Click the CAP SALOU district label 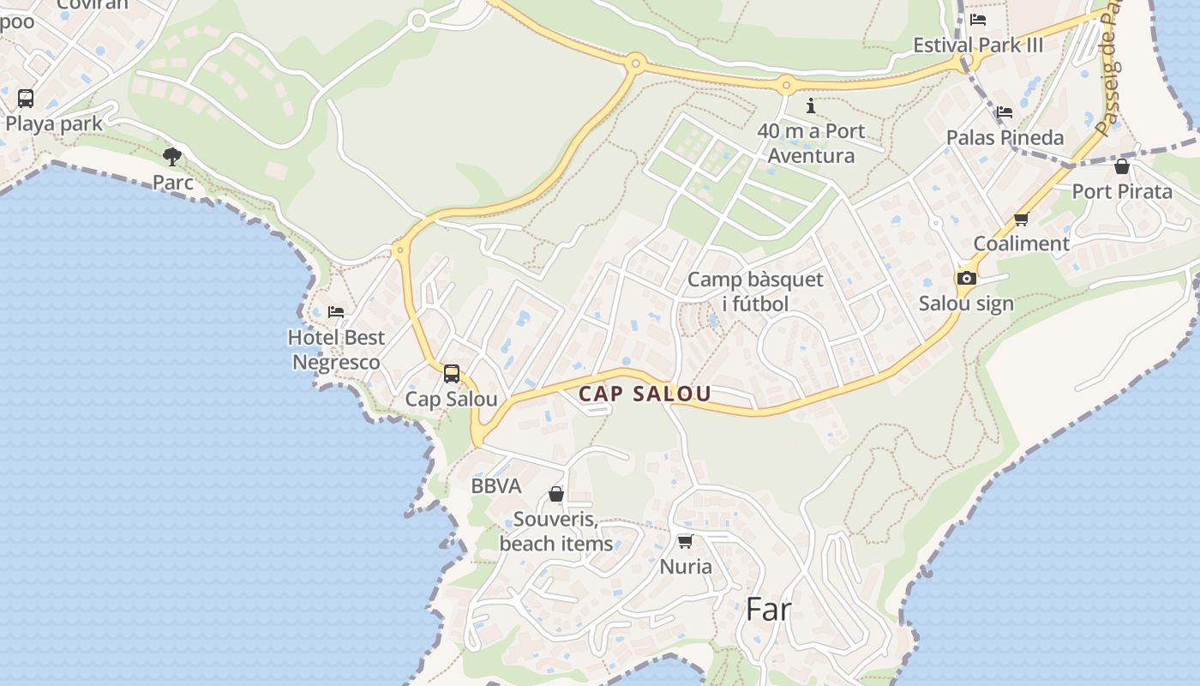[x=645, y=394]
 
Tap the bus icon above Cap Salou [x=452, y=374]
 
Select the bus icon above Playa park [x=26, y=98]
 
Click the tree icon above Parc [x=172, y=156]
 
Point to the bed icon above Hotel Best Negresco [x=336, y=311]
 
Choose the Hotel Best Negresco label [x=336, y=350]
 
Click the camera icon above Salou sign [x=966, y=278]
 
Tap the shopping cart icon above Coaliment [x=1021, y=220]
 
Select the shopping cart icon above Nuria [x=685, y=541]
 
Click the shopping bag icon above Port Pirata [x=1121, y=166]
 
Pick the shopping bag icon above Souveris [x=556, y=494]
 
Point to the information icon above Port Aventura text [x=811, y=106]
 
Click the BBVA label [x=496, y=486]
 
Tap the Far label [x=768, y=609]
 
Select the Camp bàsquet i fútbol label [x=755, y=292]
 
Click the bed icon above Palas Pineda [x=1004, y=112]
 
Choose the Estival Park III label [x=978, y=45]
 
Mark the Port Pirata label [x=1122, y=191]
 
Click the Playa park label [x=54, y=123]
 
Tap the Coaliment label [x=1021, y=244]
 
